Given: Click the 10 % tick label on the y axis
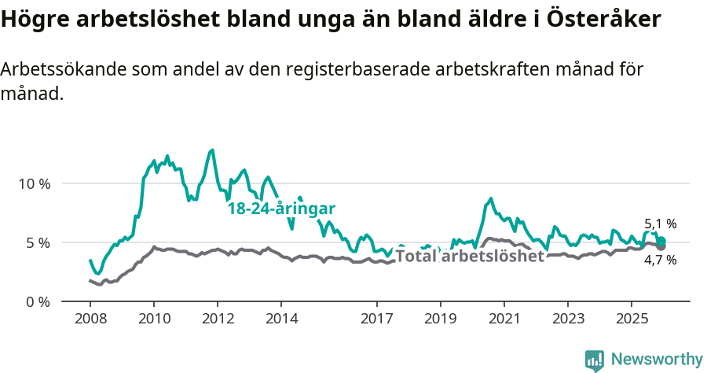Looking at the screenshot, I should click(x=34, y=183).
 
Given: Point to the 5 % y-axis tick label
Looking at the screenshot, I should click(x=37, y=242).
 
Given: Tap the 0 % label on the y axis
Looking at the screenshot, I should click(x=37, y=301).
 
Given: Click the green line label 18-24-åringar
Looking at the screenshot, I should click(x=281, y=209).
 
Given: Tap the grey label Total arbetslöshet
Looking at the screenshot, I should click(x=469, y=256).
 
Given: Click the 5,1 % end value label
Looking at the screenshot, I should click(x=660, y=224).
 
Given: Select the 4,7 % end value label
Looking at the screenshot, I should click(x=660, y=260).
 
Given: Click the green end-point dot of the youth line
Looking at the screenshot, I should click(x=661, y=241).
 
